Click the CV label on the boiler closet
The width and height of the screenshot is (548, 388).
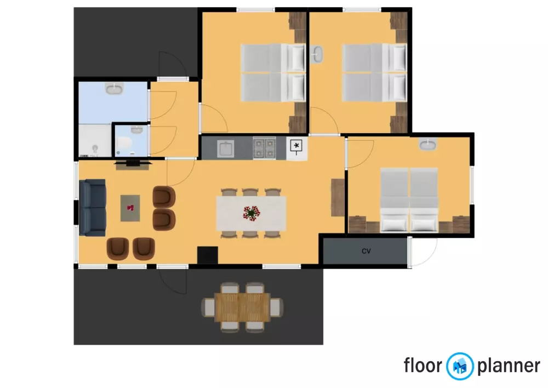point(366,252)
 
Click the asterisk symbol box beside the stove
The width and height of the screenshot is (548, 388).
point(296,146)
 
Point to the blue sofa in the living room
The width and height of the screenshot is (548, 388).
point(92,208)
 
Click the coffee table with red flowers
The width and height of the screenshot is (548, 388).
point(130,208)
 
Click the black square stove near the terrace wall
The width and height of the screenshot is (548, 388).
point(208,255)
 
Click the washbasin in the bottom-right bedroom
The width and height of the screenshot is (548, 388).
point(427,145)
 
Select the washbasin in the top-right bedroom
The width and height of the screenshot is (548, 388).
point(317,55)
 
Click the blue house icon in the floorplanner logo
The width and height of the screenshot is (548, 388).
point(460,366)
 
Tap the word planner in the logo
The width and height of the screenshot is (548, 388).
point(509,366)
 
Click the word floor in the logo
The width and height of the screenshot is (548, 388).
point(423,365)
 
